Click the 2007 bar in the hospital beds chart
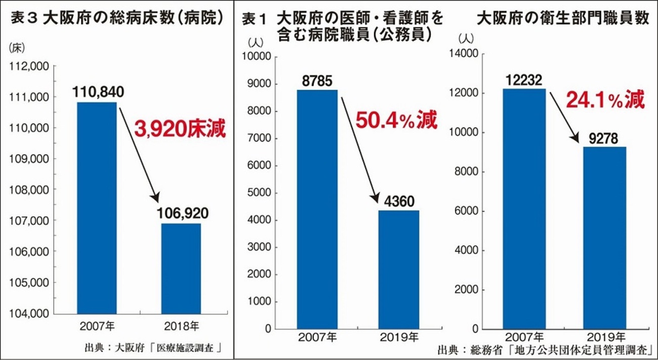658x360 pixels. (x=96, y=208)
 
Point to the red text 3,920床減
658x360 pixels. (x=180, y=129)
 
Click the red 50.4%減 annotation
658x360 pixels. (x=396, y=121)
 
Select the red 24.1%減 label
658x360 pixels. (x=605, y=100)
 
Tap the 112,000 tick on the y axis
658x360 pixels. (x=30, y=66)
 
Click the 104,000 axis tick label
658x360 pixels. (x=30, y=313)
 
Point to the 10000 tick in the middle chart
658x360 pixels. (x=258, y=56)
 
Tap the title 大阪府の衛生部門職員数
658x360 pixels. (x=562, y=19)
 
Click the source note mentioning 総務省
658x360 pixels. (x=544, y=349)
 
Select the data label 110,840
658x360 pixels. (x=98, y=92)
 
